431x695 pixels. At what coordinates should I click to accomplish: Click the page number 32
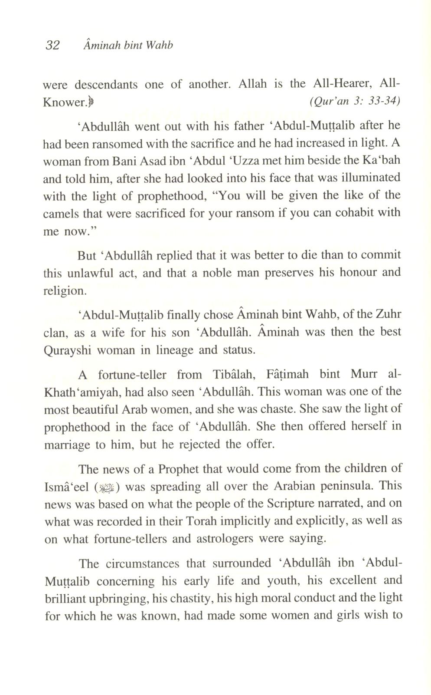coord(52,45)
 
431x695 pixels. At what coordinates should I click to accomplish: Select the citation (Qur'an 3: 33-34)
coord(355,101)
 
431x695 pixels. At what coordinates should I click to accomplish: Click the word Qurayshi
coord(68,350)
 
